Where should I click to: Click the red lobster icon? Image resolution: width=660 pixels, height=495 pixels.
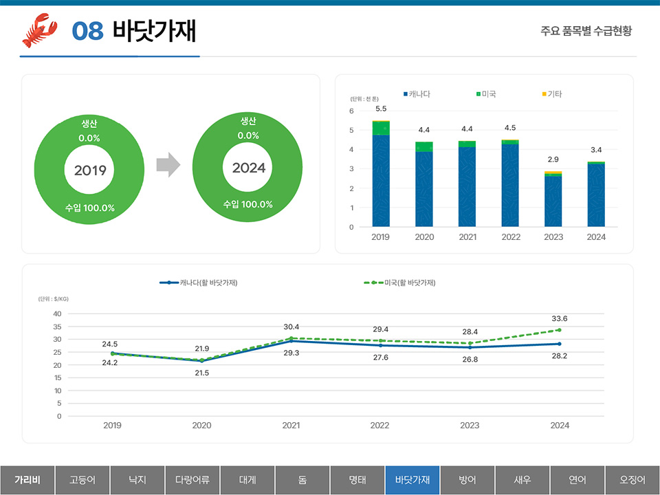coord(39,30)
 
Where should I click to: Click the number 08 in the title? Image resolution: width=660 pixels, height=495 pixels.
coord(87,31)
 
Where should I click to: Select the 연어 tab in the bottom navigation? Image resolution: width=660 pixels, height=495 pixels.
coord(577,480)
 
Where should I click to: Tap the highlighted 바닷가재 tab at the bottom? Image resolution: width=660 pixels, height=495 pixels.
coord(412,480)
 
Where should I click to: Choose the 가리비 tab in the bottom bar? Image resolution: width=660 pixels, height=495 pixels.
coord(27,480)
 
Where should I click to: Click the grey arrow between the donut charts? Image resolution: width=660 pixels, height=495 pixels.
coord(168,165)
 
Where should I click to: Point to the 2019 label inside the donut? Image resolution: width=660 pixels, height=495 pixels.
coord(90,170)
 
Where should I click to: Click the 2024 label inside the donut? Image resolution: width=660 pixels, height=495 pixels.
coord(249,168)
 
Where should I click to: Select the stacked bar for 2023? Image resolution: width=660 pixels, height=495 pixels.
coord(553,199)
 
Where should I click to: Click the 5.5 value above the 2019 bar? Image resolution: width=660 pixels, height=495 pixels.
coord(381,109)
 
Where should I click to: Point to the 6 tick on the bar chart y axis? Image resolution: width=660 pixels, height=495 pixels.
coord(351,111)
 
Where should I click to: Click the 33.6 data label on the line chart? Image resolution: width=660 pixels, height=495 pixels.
coord(560,318)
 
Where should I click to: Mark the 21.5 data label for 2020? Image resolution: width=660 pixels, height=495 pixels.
coord(201,373)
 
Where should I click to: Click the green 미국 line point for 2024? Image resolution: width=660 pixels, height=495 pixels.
coord(559,330)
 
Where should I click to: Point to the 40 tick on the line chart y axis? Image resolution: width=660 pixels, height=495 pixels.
coord(57,313)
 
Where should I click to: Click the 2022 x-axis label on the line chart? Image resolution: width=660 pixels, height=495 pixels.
coord(379,426)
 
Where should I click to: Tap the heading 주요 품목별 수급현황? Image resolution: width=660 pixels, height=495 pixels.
coord(586,31)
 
